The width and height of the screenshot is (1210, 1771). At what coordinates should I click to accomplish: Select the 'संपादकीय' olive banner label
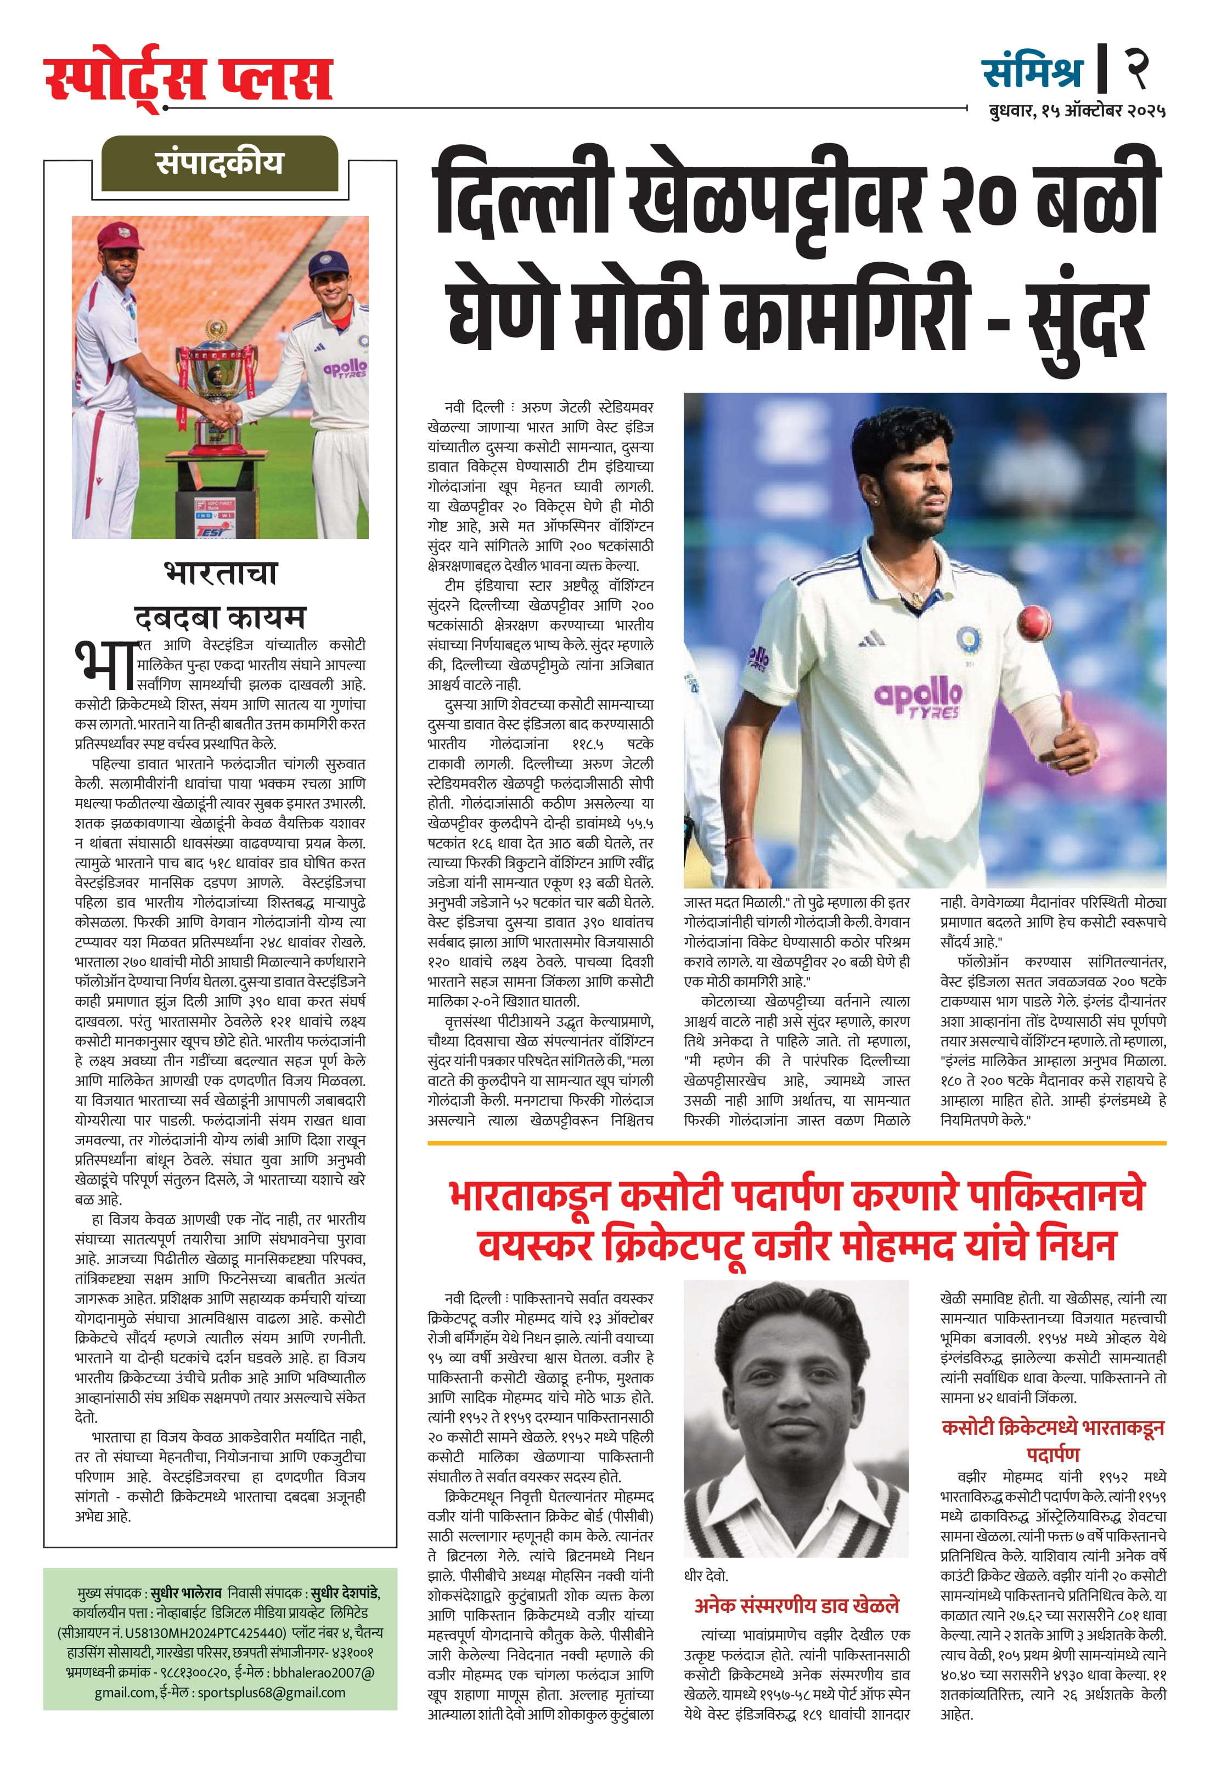[219, 162]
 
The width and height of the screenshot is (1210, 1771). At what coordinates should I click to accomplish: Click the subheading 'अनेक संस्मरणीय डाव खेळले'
[796, 1605]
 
